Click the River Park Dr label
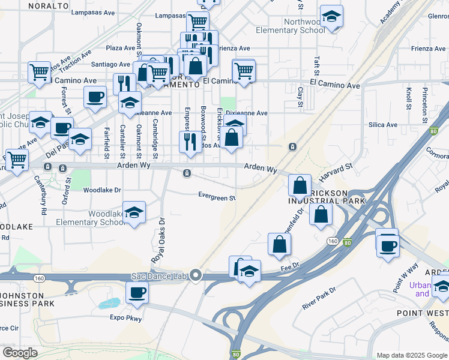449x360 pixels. (319, 298)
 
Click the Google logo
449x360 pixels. (20, 352)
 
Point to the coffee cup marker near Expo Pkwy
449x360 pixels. (137, 292)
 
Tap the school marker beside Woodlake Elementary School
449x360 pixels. (134, 212)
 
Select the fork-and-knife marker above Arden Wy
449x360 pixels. (190, 142)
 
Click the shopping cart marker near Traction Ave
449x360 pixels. (39, 71)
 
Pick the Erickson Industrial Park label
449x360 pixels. (327, 196)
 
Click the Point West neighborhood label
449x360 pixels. (423, 313)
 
